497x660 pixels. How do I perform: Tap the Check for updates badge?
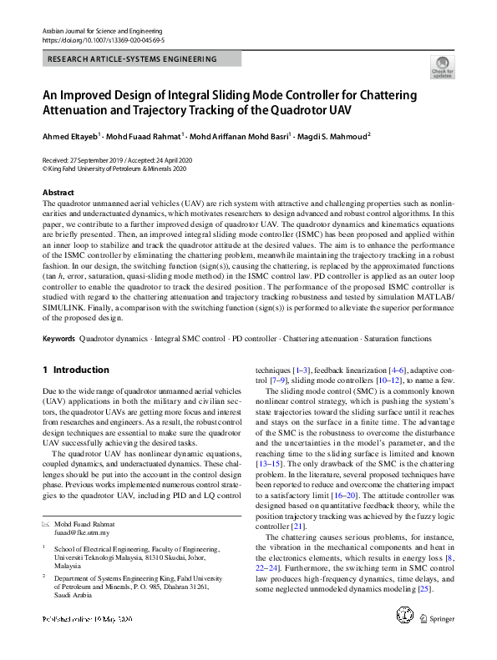[x=442, y=66]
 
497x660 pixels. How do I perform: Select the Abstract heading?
[x=58, y=193]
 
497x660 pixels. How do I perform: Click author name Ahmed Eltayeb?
[x=69, y=136]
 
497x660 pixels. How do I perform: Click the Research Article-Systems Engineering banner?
[x=134, y=59]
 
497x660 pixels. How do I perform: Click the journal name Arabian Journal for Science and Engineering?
[x=101, y=30]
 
